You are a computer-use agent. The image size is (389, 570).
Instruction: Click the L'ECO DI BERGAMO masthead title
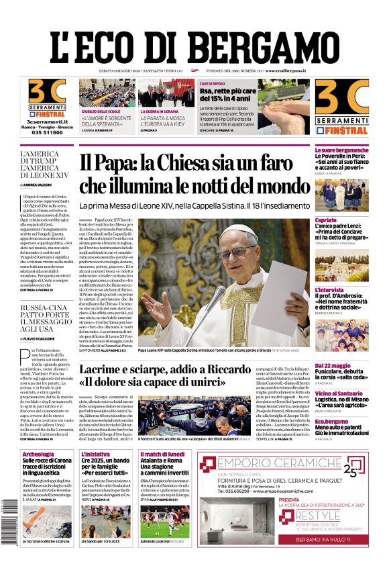194,43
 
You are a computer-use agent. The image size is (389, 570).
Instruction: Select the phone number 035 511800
47,132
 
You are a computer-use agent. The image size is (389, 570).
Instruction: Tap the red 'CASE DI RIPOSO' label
216,83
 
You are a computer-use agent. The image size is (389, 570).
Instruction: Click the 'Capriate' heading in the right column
326,220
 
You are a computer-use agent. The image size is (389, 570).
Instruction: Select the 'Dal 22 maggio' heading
333,365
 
